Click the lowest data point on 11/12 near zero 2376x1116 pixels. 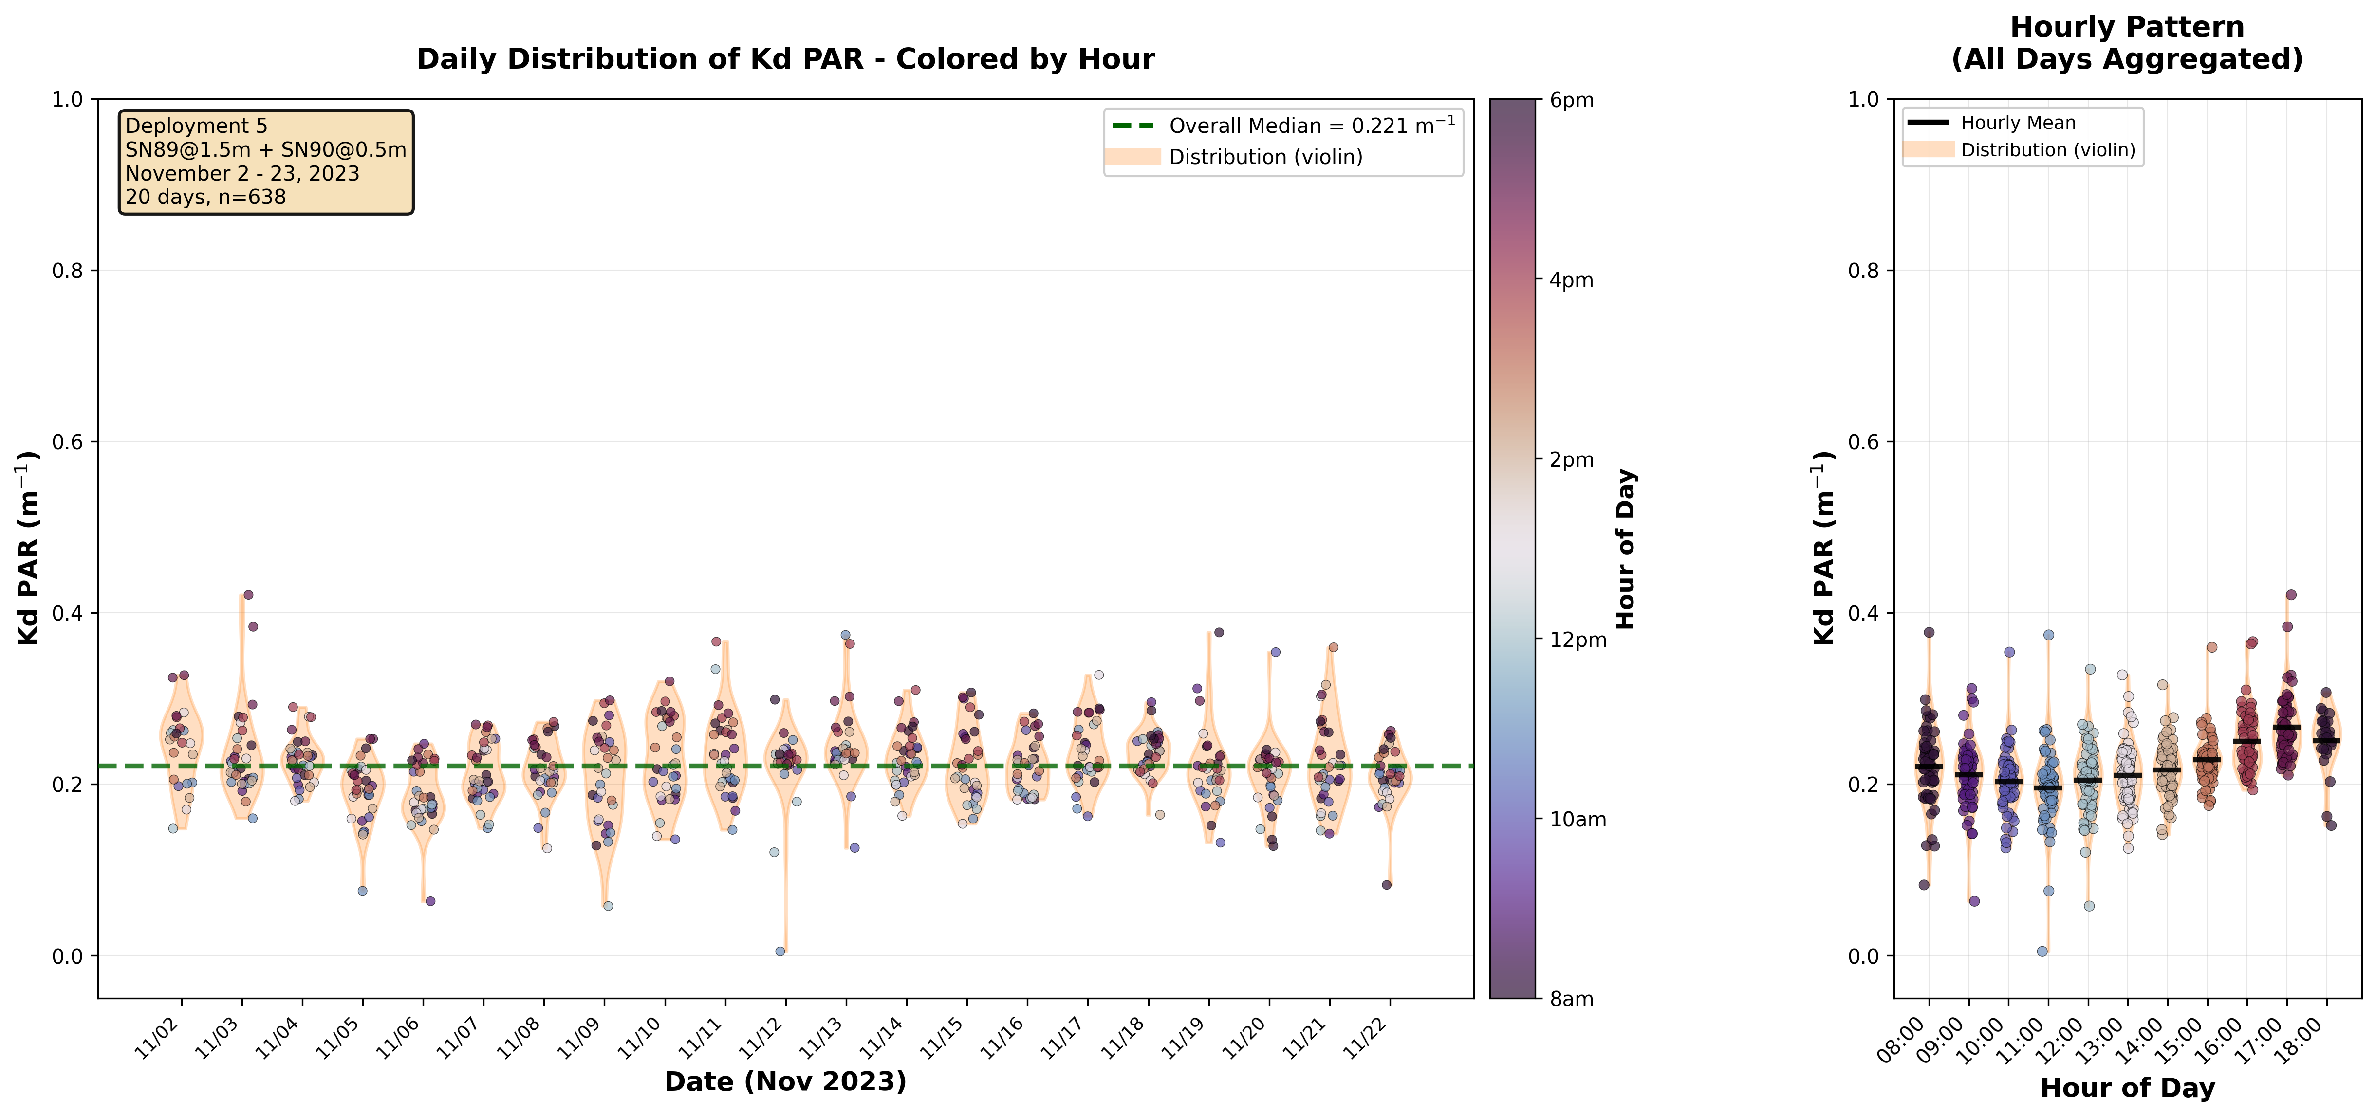click(780, 951)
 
